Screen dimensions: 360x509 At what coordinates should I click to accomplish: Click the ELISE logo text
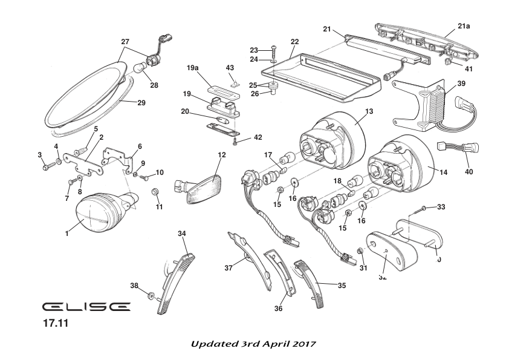tap(86, 307)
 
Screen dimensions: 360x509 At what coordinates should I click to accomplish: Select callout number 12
tap(222, 155)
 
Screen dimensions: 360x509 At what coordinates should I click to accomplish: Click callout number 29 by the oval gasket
tap(141, 103)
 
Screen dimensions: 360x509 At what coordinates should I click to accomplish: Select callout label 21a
tap(464, 26)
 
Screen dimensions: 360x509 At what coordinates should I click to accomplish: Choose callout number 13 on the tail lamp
tap(369, 111)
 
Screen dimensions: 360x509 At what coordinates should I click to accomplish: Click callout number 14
tap(443, 172)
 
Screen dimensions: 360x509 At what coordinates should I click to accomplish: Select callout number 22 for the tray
tap(295, 42)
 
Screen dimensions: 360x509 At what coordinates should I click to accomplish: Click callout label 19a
tap(193, 68)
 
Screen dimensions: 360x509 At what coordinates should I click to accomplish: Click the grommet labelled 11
tap(154, 192)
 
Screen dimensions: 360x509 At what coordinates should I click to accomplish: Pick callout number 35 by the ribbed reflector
tap(342, 285)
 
